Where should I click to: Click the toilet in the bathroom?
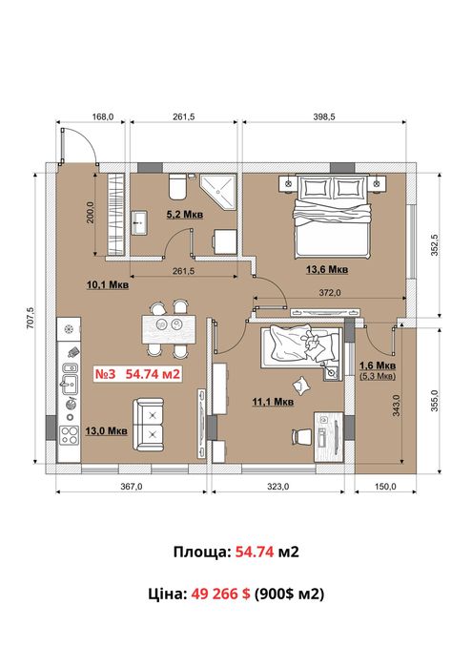(177, 186)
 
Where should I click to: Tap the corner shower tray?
(218, 191)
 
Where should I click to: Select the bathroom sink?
(139, 222)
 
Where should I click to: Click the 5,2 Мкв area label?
(185, 215)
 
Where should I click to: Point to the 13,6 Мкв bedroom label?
(327, 269)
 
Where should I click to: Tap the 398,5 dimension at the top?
(324, 116)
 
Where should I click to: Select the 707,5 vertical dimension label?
(30, 318)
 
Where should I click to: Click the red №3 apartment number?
(105, 374)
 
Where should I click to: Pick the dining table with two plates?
(169, 329)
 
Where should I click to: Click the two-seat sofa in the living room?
(148, 425)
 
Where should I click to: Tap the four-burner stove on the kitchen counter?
(70, 435)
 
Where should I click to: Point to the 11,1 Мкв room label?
(273, 402)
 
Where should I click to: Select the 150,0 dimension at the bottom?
(385, 486)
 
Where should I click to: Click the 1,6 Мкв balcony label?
(378, 365)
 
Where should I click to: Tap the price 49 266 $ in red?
(220, 594)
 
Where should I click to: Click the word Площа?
(201, 553)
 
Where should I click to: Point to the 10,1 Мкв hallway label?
(108, 284)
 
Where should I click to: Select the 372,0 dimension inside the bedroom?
(330, 293)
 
